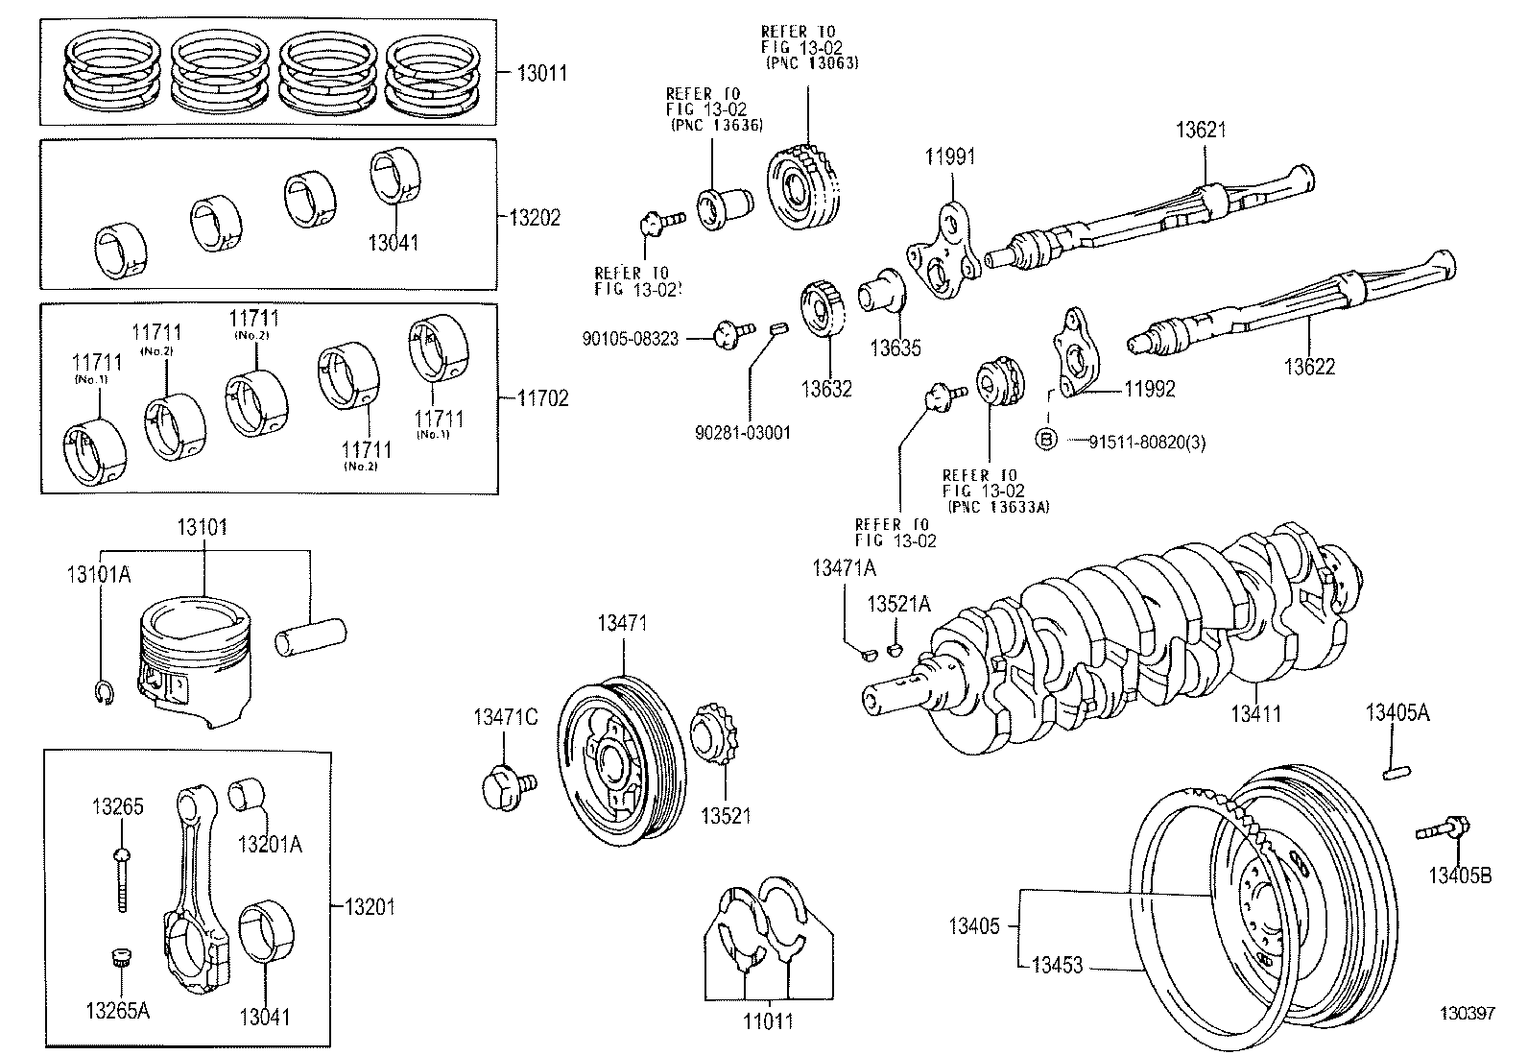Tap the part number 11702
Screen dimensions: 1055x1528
click(x=542, y=397)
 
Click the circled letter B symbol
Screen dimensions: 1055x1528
click(x=1046, y=441)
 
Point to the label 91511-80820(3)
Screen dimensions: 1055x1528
click(x=1148, y=442)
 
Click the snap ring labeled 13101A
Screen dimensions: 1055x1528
click(x=107, y=694)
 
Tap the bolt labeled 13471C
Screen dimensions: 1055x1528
click(x=505, y=786)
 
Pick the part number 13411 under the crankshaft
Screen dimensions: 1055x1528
click(x=1256, y=714)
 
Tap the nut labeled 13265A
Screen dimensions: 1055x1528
click(x=120, y=957)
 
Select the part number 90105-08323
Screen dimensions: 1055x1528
click(x=630, y=339)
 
